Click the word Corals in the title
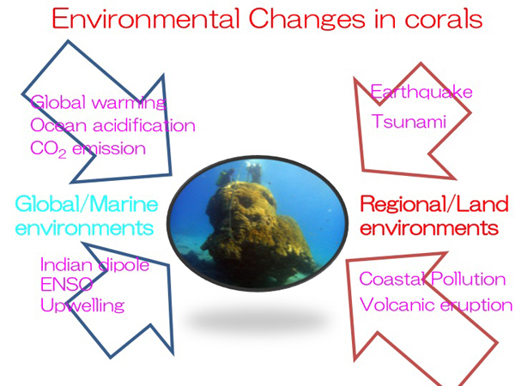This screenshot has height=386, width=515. [x=444, y=19]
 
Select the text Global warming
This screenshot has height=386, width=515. [x=98, y=102]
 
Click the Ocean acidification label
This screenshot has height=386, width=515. [x=112, y=125]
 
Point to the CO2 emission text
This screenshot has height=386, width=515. [x=88, y=149]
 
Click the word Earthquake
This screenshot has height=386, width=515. [x=421, y=92]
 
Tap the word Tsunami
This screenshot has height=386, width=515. [x=409, y=121]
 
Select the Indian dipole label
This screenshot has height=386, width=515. [x=95, y=264]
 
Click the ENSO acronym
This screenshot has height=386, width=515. [x=66, y=284]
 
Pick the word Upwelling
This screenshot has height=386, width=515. [x=82, y=305]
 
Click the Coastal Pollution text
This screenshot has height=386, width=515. [x=433, y=279]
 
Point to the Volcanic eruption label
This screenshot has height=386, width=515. [x=436, y=305]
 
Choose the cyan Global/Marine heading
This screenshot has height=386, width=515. [x=87, y=204]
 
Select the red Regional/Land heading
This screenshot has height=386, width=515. [x=434, y=204]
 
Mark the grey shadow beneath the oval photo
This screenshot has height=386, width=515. [x=256, y=320]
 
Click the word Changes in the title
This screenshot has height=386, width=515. [x=307, y=20]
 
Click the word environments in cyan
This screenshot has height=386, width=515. [x=84, y=228]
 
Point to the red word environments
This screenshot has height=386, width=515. [x=429, y=228]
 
